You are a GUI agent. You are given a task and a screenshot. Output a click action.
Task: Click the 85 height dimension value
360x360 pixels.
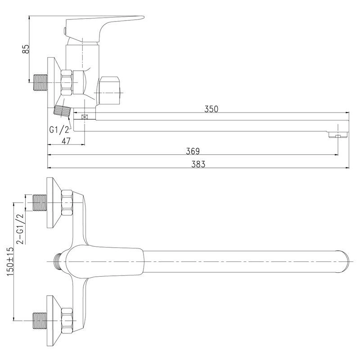(x=26, y=49)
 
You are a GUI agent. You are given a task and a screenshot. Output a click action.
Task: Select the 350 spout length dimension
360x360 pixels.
(x=211, y=109)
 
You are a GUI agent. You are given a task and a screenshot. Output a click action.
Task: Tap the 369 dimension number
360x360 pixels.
(x=193, y=151)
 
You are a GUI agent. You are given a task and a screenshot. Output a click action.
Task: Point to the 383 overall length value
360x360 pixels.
(x=198, y=164)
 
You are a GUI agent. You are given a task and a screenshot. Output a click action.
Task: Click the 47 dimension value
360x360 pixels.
(x=66, y=141)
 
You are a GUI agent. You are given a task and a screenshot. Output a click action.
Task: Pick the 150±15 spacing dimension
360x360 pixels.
(x=10, y=261)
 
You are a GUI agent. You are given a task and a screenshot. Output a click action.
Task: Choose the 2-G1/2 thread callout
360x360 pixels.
(x=20, y=229)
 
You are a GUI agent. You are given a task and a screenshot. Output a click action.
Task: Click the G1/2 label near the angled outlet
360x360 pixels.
(x=59, y=130)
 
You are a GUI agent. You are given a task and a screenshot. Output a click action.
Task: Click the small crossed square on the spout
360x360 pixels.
(x=85, y=117)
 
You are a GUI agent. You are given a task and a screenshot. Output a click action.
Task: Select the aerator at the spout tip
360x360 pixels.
(x=338, y=135)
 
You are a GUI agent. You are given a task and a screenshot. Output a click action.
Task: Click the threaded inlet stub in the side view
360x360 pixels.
(x=40, y=82)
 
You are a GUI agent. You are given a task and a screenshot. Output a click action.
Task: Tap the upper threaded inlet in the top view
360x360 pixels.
(x=40, y=202)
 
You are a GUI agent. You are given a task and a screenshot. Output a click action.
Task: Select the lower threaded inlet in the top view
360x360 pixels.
(x=40, y=320)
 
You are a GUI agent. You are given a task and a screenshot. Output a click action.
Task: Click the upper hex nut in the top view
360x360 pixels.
(x=67, y=202)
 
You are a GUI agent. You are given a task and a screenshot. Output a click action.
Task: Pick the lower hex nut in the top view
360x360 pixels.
(x=67, y=320)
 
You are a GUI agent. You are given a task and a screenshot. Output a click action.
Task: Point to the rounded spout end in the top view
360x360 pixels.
(x=343, y=261)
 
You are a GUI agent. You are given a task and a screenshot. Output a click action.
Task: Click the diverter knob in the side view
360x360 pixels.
(x=109, y=91)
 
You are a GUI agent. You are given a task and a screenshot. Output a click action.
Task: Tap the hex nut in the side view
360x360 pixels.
(x=67, y=82)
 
